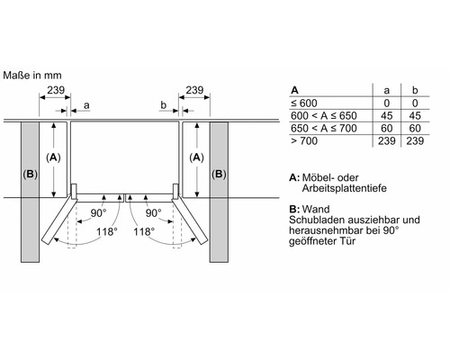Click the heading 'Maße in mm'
[32, 76]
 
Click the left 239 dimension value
[56, 90]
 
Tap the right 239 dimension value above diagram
[194, 90]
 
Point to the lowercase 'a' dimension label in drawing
[86, 105]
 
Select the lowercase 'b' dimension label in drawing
[163, 104]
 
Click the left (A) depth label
[53, 157]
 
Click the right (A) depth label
[196, 157]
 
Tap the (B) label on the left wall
[30, 174]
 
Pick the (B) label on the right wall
[219, 174]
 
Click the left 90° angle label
[98, 213]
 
